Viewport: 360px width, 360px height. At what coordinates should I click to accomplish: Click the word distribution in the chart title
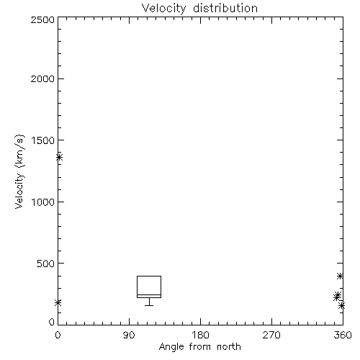(225, 8)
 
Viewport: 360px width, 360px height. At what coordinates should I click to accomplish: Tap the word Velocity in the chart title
(164, 9)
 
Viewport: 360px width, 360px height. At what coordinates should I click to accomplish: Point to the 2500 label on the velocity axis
(42, 19)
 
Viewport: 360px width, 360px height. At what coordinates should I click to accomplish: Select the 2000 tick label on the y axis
(42, 78)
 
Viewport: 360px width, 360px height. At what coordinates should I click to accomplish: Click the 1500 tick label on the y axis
(43, 140)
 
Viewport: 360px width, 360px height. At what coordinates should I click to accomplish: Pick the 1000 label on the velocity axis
(43, 202)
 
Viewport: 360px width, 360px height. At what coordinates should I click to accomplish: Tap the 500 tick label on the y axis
(46, 264)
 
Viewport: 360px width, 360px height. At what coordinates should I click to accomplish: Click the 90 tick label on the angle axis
(129, 335)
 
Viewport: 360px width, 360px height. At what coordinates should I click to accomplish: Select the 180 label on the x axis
(200, 335)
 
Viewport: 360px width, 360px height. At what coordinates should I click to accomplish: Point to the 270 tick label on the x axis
(271, 335)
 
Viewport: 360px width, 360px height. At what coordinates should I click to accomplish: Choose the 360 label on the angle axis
(343, 335)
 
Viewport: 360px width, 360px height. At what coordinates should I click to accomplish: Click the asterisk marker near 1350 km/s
(60, 158)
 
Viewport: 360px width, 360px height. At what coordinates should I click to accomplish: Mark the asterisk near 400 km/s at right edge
(340, 276)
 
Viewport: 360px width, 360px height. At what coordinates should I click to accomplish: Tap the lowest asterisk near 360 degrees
(342, 306)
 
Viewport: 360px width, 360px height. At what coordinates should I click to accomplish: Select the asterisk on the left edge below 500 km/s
(58, 302)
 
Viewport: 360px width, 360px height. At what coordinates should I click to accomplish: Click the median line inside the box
(149, 294)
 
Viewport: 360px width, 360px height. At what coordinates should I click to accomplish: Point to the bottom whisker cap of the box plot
(149, 305)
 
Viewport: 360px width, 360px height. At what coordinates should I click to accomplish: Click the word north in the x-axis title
(229, 347)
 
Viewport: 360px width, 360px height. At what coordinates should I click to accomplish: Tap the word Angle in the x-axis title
(171, 347)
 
